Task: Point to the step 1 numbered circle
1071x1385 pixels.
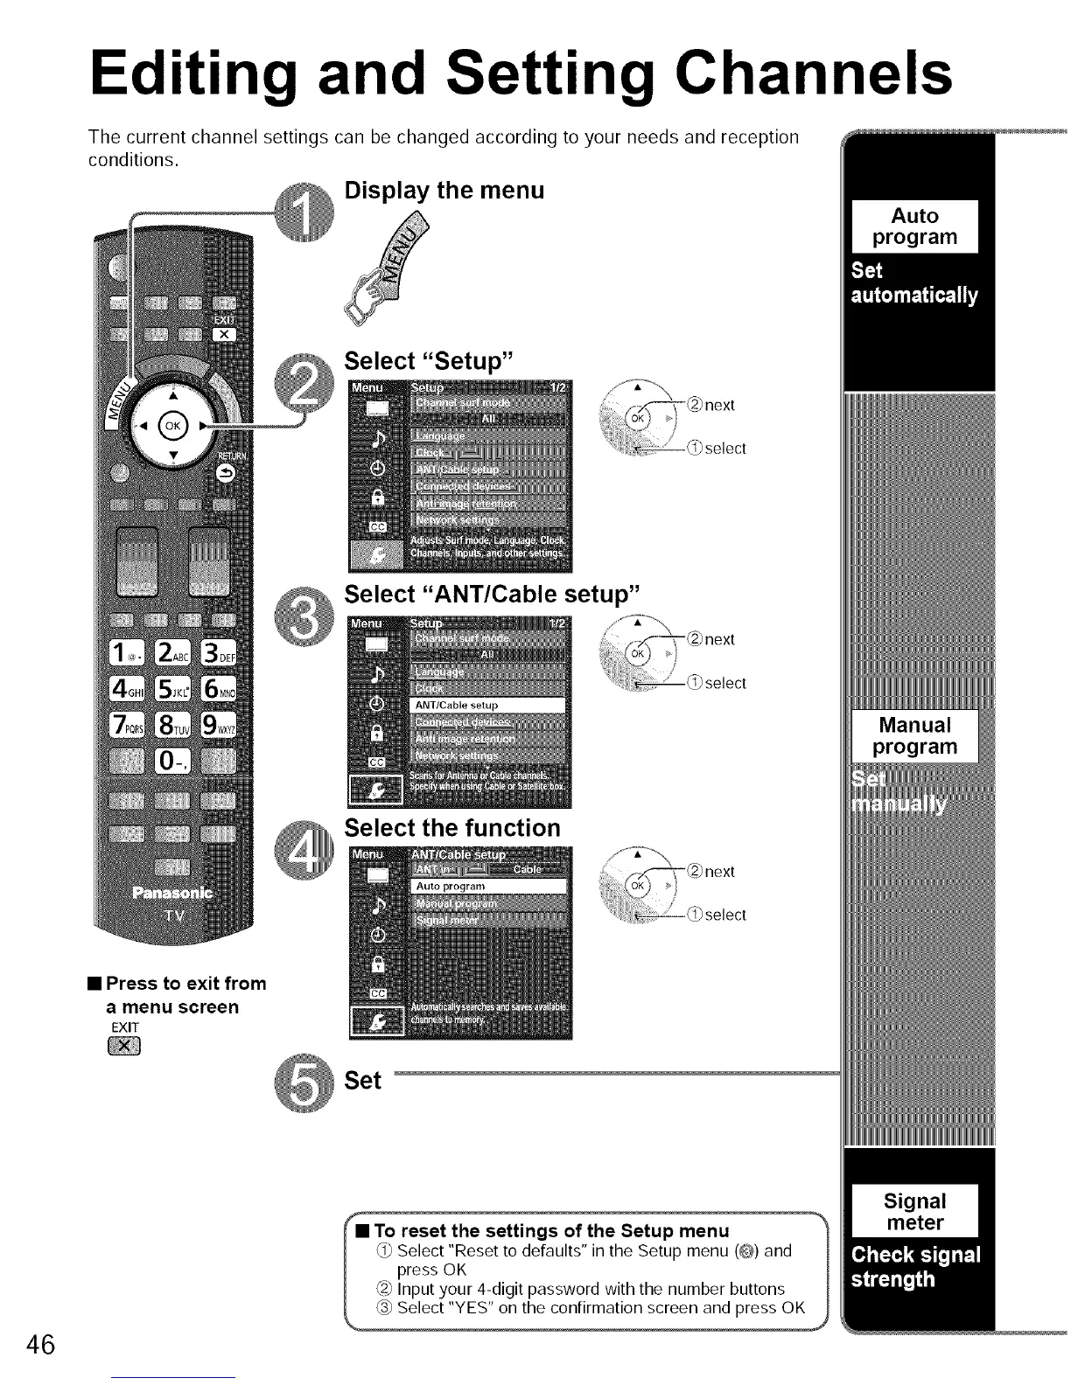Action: click(302, 215)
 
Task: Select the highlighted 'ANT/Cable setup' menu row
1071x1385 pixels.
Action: click(488, 706)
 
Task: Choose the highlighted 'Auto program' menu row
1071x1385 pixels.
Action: click(488, 887)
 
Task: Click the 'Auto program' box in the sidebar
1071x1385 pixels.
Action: click(914, 227)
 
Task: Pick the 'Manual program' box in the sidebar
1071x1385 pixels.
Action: click(914, 736)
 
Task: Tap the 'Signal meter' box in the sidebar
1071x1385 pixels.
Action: click(914, 1212)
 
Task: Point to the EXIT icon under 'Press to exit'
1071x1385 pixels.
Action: click(126, 1047)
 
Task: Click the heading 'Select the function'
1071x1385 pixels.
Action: click(451, 828)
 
